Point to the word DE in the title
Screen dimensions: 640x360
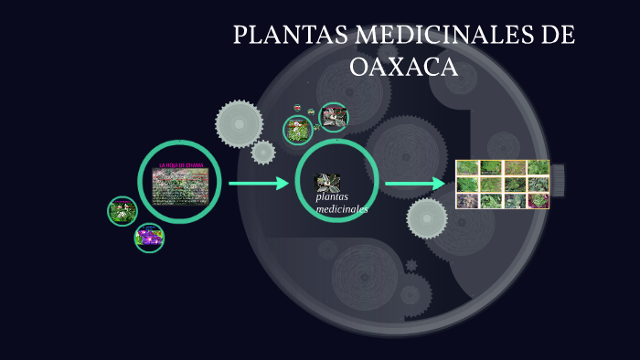pyautogui.click(x=556, y=36)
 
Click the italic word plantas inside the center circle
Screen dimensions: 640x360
pyautogui.click(x=333, y=197)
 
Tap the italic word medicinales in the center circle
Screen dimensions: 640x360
pyautogui.click(x=341, y=209)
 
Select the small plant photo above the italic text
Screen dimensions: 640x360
pyautogui.click(x=327, y=182)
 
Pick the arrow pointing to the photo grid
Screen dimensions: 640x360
pyautogui.click(x=415, y=184)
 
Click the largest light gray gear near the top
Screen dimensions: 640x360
pyautogui.click(x=240, y=123)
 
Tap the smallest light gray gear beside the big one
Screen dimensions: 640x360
pyautogui.click(x=263, y=152)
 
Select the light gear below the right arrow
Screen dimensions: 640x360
pyautogui.click(x=427, y=218)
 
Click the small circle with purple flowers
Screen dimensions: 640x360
pyautogui.click(x=149, y=238)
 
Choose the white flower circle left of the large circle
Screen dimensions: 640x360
pyautogui.click(x=122, y=211)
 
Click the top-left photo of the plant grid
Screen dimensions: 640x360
pyautogui.click(x=467, y=167)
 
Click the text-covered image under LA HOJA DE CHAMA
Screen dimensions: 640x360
pyautogui.click(x=179, y=186)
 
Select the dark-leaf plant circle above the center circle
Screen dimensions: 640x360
pyautogui.click(x=334, y=117)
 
